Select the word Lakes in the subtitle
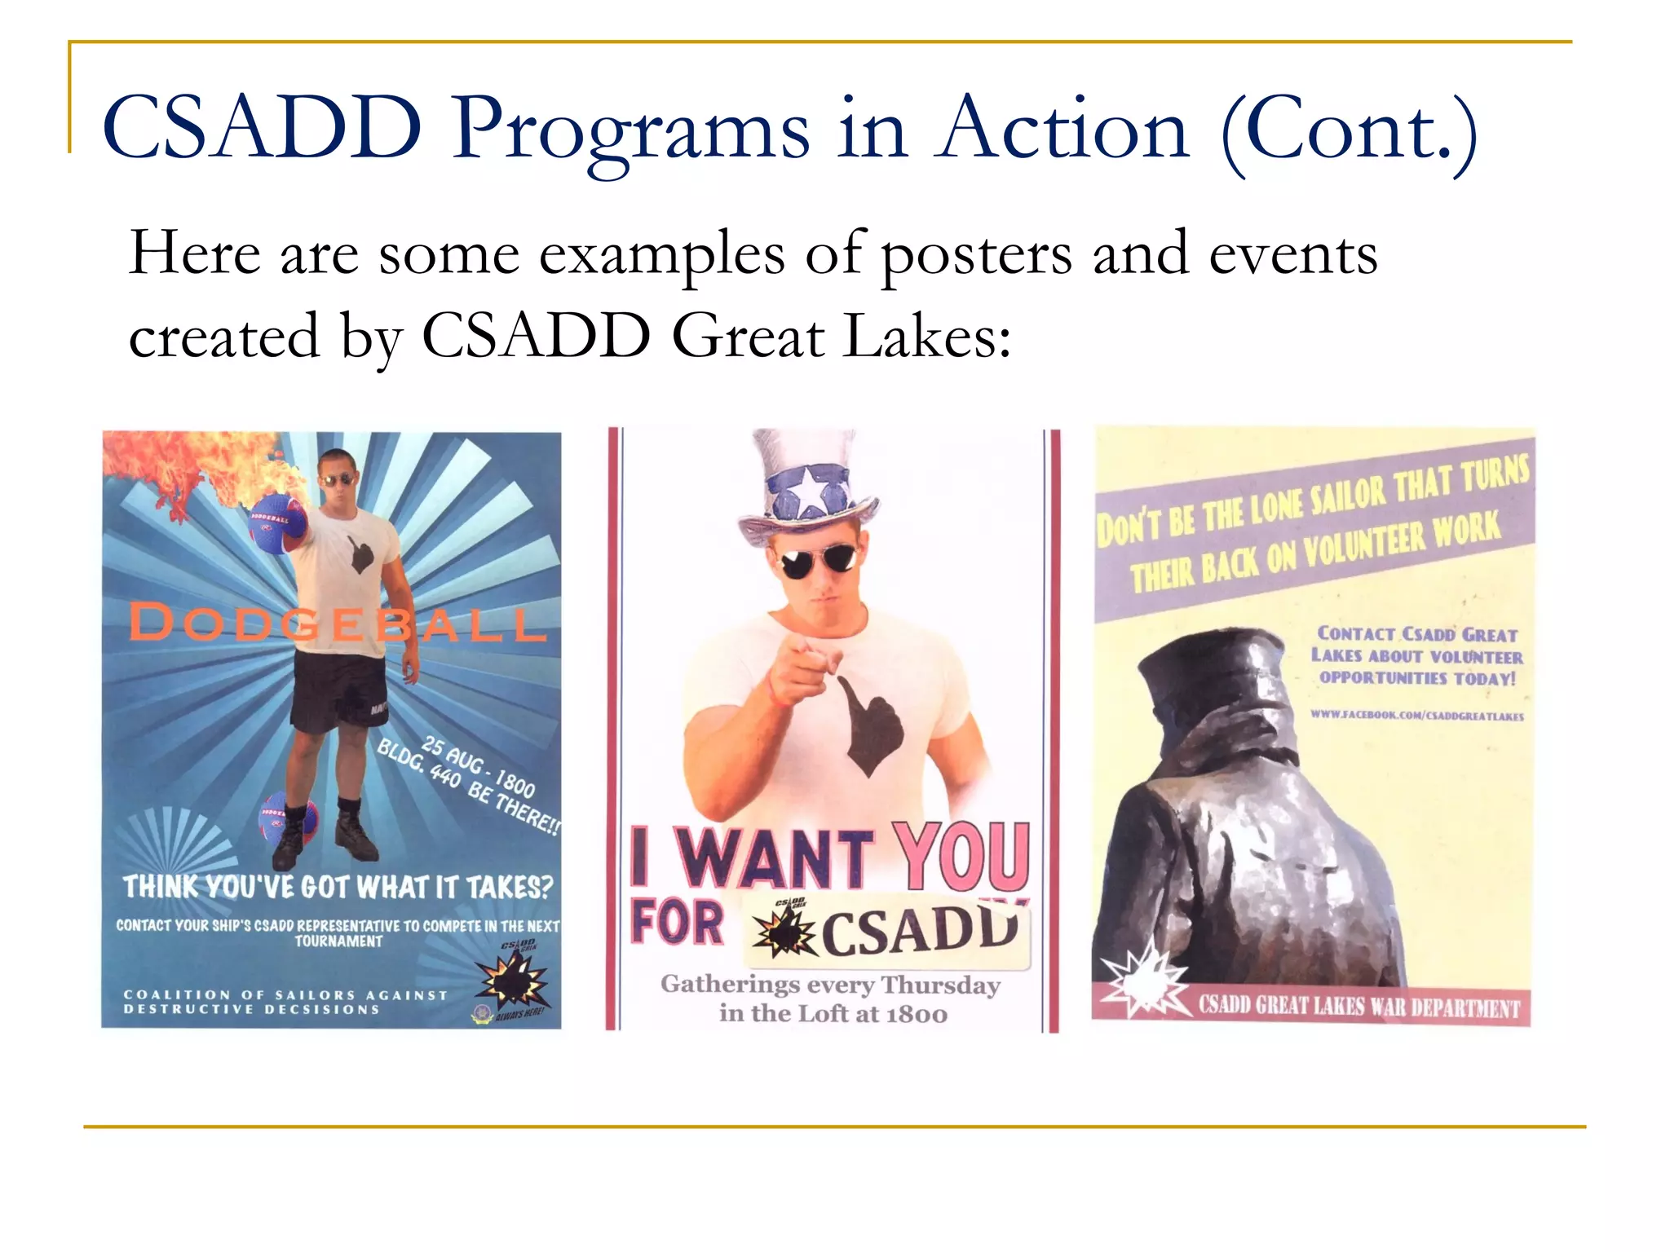pos(926,337)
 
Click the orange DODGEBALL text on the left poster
pos(336,624)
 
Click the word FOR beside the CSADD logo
pos(677,923)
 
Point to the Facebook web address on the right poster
pos(1416,716)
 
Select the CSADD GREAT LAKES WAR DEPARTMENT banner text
pos(1359,1007)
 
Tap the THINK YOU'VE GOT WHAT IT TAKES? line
pos(338,887)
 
